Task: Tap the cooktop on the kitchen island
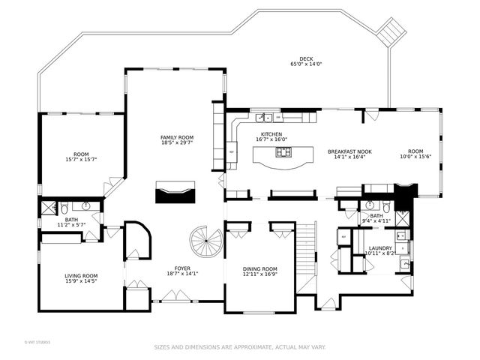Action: (284, 152)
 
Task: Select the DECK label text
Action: (305, 58)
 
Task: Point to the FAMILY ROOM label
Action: (177, 137)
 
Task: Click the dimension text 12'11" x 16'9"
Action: (260, 274)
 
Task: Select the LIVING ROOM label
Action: (81, 275)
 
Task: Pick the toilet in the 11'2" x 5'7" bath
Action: (65, 207)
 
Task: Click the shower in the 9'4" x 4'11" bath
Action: (402, 217)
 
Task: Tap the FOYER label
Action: (182, 268)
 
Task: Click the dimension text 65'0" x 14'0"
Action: (305, 64)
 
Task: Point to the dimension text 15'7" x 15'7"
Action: (82, 159)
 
